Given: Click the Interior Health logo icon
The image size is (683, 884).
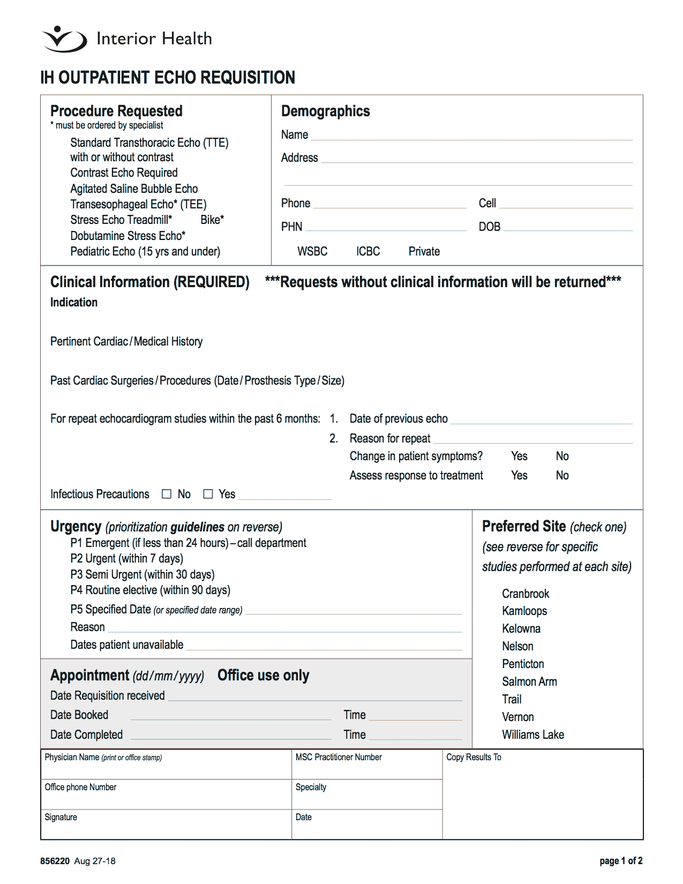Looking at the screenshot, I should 64,39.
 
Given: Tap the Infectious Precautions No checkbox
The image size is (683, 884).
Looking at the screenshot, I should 167,494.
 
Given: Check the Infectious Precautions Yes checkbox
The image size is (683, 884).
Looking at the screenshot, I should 208,494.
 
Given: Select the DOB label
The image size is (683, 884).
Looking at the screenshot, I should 489,227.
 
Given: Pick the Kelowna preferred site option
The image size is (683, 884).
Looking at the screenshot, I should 521,628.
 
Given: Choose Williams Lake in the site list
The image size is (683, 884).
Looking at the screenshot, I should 532,735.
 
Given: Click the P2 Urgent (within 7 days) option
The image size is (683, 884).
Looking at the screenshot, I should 126,558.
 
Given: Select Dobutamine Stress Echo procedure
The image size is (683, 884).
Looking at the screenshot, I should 127,236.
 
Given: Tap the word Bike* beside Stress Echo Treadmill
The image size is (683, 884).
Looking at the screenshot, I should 212,220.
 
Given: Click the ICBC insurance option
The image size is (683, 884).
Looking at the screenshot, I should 367,251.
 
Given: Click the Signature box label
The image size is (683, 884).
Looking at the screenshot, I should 61,817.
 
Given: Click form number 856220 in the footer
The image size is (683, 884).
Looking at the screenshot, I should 55,861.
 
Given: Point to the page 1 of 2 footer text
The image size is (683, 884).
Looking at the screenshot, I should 620,861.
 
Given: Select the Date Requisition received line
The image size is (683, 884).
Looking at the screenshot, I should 315,696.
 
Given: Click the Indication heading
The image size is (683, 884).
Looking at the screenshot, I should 74,302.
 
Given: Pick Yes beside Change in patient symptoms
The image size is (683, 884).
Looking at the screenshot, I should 519,456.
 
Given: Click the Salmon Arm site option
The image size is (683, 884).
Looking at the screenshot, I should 529,681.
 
